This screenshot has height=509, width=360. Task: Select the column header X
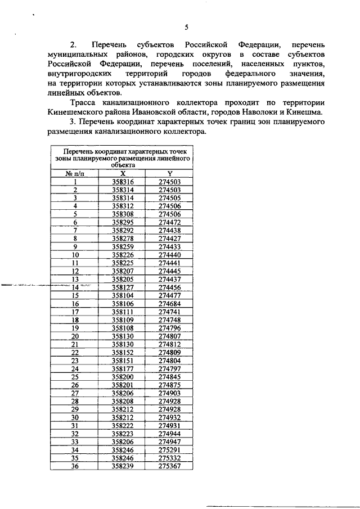pyautogui.click(x=122, y=174)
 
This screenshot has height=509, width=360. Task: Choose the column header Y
pyautogui.click(x=169, y=174)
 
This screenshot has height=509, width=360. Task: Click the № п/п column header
pyautogui.click(x=75, y=174)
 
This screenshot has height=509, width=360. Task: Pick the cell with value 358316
pyautogui.click(x=122, y=182)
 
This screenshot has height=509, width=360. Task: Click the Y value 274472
pyautogui.click(x=169, y=222)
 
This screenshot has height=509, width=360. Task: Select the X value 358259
pyautogui.click(x=122, y=246)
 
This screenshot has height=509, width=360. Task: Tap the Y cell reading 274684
pyautogui.click(x=169, y=303)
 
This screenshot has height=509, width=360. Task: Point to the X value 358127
pyautogui.click(x=122, y=287)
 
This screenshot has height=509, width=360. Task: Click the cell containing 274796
pyautogui.click(x=169, y=327)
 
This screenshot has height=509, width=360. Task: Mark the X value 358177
pyautogui.click(x=122, y=368)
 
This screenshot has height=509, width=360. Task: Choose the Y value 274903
pyautogui.click(x=169, y=393)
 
